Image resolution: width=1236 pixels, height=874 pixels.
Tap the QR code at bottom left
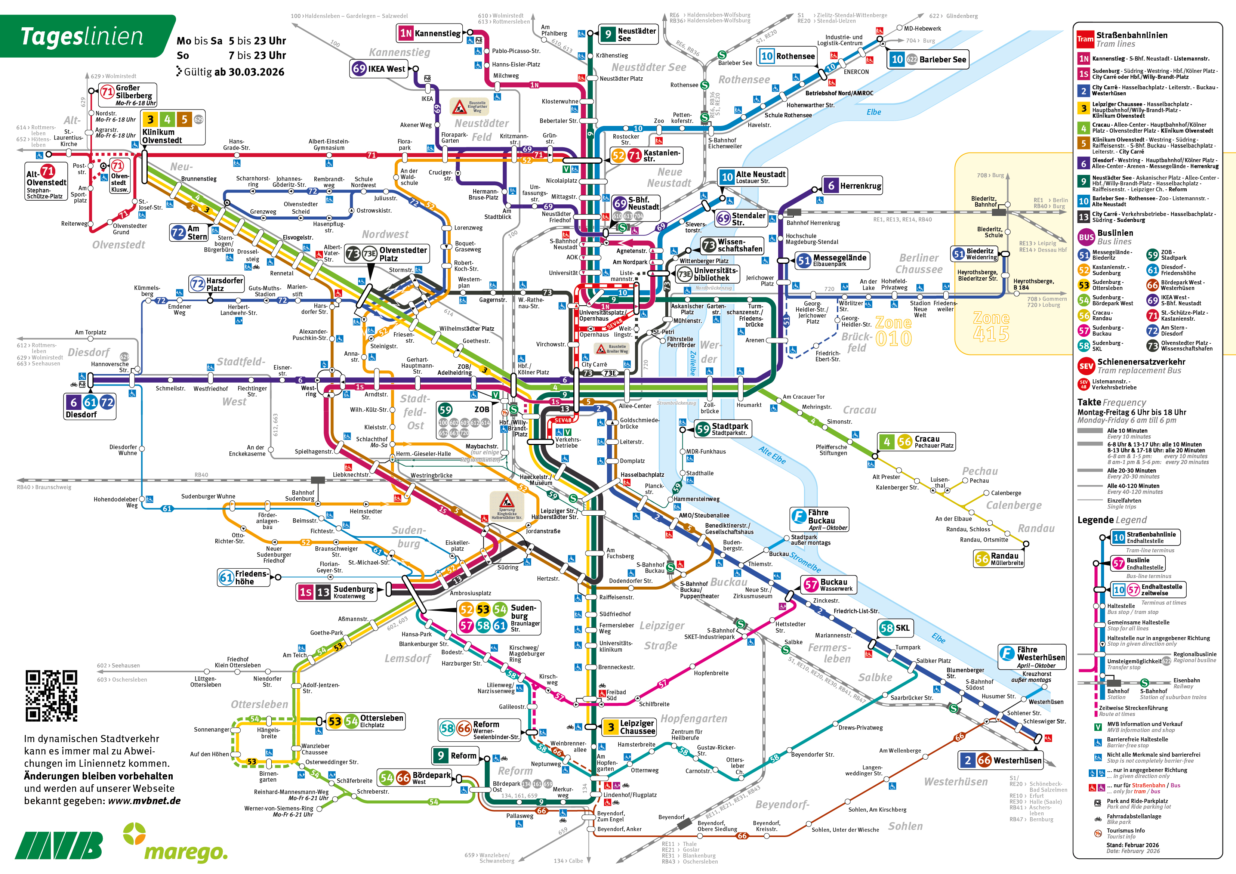pos(51,695)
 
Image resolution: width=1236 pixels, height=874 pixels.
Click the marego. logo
pos(178,844)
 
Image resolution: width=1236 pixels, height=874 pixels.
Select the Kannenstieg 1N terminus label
pos(429,33)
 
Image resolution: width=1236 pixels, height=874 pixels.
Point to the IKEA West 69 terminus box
pos(379,69)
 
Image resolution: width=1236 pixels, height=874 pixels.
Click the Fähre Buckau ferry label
pos(819,519)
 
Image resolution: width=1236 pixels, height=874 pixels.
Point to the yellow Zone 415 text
pos(991,326)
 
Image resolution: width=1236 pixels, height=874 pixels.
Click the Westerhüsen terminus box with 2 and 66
pos(1000,760)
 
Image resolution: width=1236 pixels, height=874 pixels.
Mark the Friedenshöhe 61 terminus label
pos(243,577)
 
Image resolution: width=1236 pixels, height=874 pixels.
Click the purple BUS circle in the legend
pos(1086,237)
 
